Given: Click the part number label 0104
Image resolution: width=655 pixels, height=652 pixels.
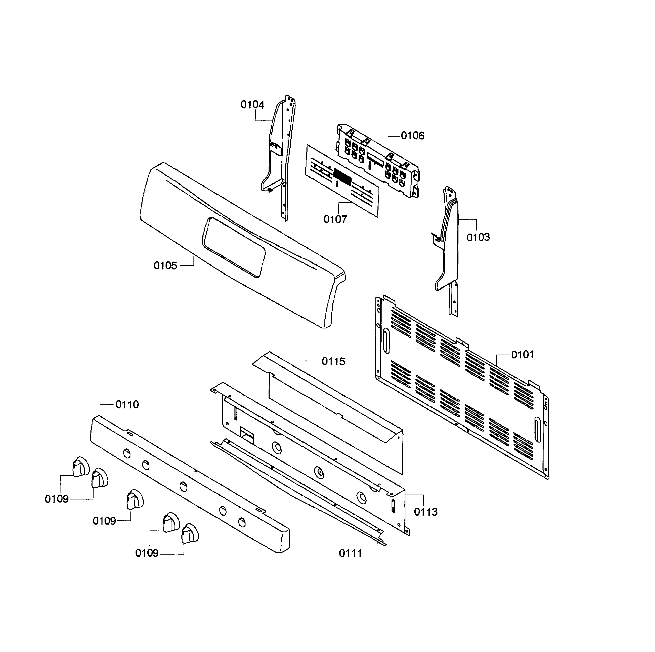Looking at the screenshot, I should pos(252,105).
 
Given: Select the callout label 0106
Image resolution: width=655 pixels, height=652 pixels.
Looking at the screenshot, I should pos(412,136).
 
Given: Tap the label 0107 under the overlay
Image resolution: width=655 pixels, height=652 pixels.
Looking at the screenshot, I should pos(335,219).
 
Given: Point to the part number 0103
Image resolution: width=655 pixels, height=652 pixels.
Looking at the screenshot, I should pos(478,237).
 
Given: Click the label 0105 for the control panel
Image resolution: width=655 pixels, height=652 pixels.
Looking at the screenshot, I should pos(165,266).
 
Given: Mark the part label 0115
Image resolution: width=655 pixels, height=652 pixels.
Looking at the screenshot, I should pos(333,362).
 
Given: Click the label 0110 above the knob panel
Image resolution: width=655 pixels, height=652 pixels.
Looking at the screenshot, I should pos(127,404).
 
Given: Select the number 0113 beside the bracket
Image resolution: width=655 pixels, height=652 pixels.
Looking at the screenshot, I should pos(425,512).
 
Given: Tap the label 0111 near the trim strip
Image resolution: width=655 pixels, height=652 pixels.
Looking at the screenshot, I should pos(351,553).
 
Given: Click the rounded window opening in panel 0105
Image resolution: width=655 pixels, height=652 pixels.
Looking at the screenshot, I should pos(233,247).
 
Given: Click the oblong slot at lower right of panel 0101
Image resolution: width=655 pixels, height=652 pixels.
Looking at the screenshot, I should pos(537,429).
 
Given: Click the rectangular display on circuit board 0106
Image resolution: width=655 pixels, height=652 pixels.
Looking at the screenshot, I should pos(375,159).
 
